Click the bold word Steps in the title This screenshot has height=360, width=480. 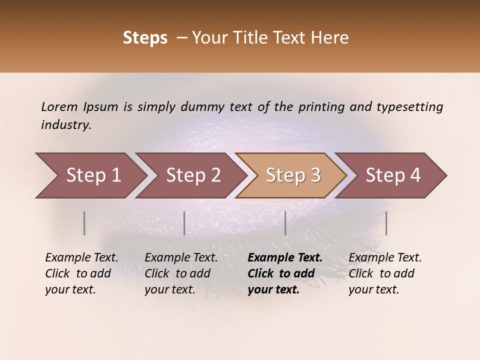[145, 38]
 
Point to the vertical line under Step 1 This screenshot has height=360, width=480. [84, 223]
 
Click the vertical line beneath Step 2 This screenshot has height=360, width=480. [184, 223]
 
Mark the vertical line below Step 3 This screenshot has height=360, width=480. [285, 223]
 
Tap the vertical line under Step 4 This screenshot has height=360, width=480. [386, 223]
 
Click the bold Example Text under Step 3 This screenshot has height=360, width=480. [285, 258]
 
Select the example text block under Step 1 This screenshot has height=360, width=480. [81, 273]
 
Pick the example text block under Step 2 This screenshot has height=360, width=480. [181, 273]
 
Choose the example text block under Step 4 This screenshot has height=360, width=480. [385, 273]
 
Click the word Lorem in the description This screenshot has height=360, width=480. [59, 107]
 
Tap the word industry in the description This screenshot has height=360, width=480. [66, 125]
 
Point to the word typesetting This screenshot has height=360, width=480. [409, 107]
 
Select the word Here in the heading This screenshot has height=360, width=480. [332, 38]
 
